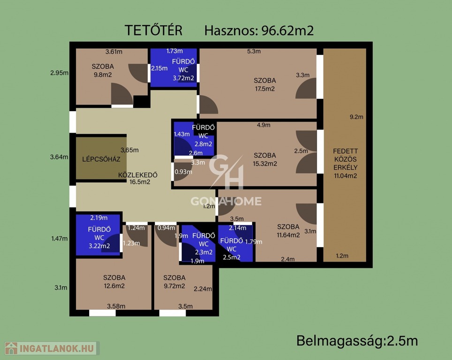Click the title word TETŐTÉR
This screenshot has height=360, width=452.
tap(153, 30)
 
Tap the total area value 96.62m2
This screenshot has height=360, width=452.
tap(287, 30)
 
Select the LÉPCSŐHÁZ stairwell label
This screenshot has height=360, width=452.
tap(101, 159)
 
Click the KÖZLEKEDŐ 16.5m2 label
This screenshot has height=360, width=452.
tap(138, 178)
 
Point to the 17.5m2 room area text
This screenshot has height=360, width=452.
tap(264, 89)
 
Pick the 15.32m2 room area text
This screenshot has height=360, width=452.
tap(264, 164)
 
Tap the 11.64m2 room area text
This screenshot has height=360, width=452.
tap(288, 235)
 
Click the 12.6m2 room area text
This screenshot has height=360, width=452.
tap(114, 286)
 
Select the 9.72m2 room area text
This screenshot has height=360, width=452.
tap(174, 286)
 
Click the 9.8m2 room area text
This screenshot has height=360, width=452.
tap(103, 75)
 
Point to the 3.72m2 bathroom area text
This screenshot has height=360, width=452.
tap(183, 78)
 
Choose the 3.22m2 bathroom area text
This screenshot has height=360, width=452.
tap(99, 246)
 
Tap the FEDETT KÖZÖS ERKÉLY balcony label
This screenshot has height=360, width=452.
tap(346, 163)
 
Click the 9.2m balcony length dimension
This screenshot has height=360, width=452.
tap(356, 117)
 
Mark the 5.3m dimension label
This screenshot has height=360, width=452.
tap(254, 51)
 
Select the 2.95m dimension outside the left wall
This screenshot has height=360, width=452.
tap(60, 73)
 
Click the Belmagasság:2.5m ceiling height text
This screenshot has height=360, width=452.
tap(357, 341)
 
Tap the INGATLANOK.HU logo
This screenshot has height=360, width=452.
tap(52, 348)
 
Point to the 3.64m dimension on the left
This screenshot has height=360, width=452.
tap(59, 157)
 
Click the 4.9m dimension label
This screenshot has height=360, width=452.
tap(264, 125)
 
